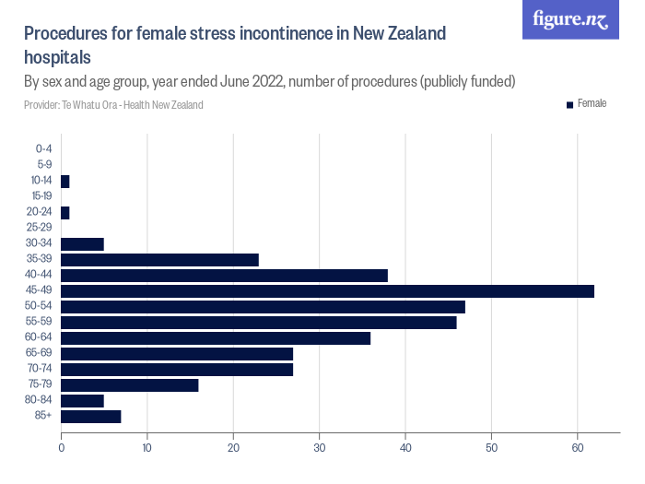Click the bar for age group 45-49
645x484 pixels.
tap(327, 291)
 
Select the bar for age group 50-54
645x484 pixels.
tap(263, 307)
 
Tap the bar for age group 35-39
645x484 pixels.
tap(159, 260)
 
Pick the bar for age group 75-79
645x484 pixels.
tap(129, 385)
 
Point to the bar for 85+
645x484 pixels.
tap(90, 417)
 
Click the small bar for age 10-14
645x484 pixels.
tap(64, 182)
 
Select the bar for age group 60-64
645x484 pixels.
tap(216, 338)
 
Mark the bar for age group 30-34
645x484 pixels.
tap(82, 244)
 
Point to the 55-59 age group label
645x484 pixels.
tap(40, 322)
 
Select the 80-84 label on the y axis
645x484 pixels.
tap(40, 401)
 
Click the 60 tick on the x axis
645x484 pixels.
tap(578, 449)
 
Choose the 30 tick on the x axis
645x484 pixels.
tap(319, 449)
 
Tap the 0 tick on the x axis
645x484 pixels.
tap(61, 449)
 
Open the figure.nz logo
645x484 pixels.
tap(570, 19)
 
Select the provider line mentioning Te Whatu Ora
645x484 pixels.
tap(113, 105)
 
